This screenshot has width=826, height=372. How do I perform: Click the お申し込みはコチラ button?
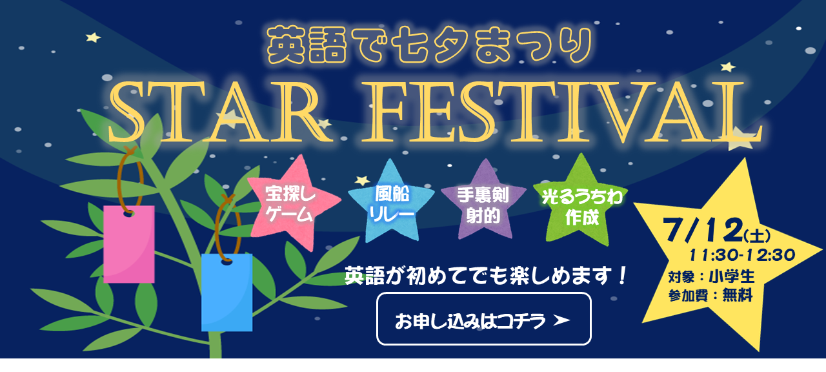(x=484, y=319)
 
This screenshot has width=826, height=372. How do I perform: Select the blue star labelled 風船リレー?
(x=392, y=203)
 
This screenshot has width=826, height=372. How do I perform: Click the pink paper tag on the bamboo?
(x=129, y=244)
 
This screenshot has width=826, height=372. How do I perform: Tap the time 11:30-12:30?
(x=742, y=255)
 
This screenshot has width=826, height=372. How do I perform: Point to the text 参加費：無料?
(x=710, y=295)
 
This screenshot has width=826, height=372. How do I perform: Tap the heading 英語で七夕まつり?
(x=430, y=45)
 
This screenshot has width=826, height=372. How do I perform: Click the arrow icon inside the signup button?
(x=561, y=320)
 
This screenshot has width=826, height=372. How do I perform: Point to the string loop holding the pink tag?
(x=119, y=181)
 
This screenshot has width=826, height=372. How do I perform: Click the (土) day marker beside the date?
(x=757, y=236)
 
